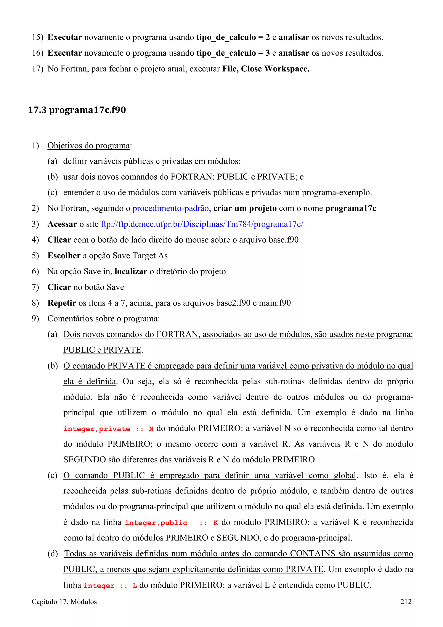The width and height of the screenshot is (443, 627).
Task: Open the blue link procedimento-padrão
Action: (171, 208)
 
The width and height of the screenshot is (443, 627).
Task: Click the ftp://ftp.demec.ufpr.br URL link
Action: (202, 224)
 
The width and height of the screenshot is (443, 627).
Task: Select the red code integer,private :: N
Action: (108, 429)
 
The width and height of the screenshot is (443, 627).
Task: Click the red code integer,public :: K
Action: (171, 523)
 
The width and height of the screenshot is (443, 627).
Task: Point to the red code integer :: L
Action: (110, 585)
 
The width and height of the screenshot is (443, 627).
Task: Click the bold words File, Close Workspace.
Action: (266, 69)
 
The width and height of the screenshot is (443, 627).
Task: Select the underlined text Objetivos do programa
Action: (88, 146)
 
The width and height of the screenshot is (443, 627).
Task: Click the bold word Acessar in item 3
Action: (62, 224)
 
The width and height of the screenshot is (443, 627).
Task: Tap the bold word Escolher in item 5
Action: (64, 256)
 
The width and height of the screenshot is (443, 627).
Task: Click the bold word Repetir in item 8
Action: (62, 303)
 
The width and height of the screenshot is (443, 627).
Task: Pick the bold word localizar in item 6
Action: (131, 272)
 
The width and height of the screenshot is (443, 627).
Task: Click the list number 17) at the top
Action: (37, 69)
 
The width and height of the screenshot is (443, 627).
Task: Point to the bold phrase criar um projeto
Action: (245, 208)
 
